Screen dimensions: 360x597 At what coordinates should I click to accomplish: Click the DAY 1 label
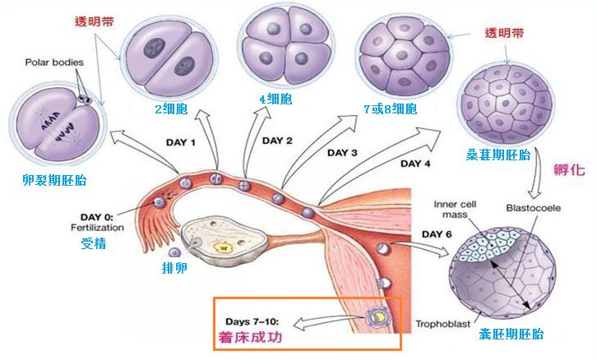click(x=182, y=142)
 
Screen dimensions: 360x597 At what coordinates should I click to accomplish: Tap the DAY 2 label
click(x=278, y=140)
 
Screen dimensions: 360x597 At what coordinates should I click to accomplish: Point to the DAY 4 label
click(x=416, y=163)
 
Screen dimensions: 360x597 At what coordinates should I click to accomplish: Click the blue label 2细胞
click(x=170, y=110)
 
